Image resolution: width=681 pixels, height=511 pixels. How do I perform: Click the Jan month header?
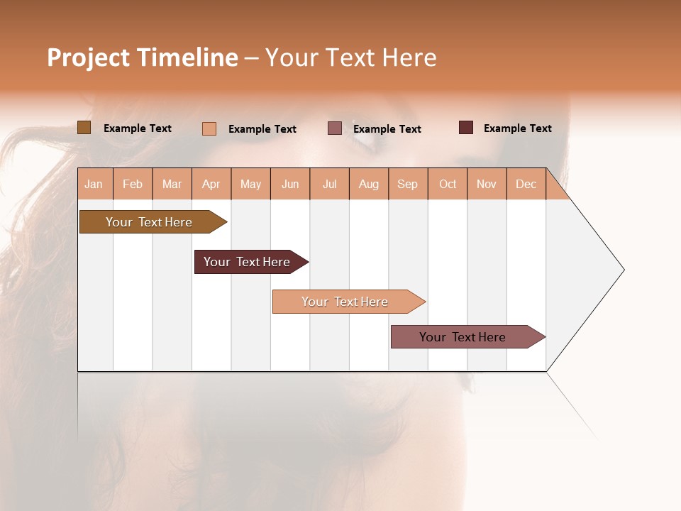click(x=94, y=184)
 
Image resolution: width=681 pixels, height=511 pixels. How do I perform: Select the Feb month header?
click(x=133, y=184)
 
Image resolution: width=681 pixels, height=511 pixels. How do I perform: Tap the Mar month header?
click(x=172, y=184)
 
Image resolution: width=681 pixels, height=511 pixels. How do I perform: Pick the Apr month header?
click(x=211, y=184)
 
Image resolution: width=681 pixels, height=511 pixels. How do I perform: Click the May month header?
click(x=250, y=184)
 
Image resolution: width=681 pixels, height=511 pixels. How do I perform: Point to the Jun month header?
click(x=290, y=184)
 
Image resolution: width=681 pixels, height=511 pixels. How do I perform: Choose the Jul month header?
click(x=329, y=184)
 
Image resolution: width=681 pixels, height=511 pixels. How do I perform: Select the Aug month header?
click(x=369, y=184)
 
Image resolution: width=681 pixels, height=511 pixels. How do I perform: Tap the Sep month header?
click(x=408, y=184)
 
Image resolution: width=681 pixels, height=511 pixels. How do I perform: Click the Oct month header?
click(x=448, y=184)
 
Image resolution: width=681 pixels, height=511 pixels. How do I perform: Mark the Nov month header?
click(x=487, y=184)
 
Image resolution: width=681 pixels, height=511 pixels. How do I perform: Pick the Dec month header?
click(x=526, y=184)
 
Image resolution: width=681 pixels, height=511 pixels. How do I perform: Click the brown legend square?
click(x=84, y=128)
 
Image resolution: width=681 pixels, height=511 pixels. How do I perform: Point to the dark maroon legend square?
click(x=466, y=128)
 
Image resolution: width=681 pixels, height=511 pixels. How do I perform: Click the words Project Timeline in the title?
click(x=143, y=57)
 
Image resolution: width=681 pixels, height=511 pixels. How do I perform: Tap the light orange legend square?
click(x=209, y=128)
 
